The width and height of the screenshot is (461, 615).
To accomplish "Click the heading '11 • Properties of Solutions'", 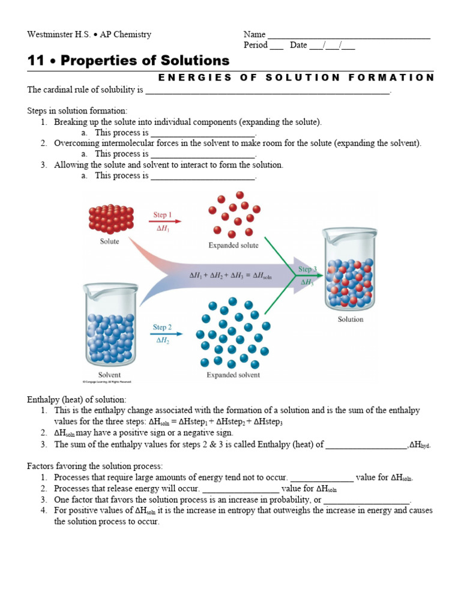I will [128, 61].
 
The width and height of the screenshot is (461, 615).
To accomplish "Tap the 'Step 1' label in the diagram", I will [163, 214].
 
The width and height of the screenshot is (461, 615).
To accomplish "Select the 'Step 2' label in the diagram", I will [163, 327].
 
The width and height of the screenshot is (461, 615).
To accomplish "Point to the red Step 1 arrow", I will [164, 222].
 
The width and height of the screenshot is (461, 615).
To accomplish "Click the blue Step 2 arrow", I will [164, 334].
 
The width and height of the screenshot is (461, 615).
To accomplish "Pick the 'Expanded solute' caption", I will [234, 245].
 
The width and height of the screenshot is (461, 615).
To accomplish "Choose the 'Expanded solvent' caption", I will [234, 375].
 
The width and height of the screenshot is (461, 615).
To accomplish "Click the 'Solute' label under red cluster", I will [109, 241].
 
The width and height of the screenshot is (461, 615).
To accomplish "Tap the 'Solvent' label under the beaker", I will [109, 375].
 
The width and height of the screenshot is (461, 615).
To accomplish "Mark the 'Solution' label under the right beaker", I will [351, 320].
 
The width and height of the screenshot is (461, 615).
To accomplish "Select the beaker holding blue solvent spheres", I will [109, 324].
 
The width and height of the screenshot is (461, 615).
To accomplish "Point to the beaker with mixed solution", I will [351, 270].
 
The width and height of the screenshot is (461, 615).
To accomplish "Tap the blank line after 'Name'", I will [349, 35].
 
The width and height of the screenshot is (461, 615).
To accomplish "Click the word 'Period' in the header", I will [256, 45].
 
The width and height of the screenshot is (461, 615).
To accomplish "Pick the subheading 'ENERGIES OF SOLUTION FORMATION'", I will [295, 77].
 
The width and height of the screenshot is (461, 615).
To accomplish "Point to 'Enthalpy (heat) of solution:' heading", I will [77, 399].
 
